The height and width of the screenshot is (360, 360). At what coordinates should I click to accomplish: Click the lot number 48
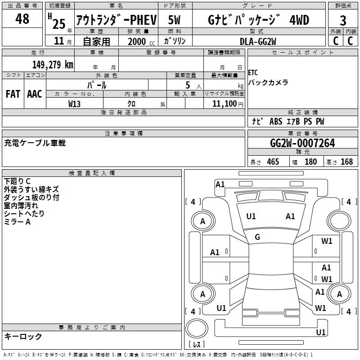click(22, 19)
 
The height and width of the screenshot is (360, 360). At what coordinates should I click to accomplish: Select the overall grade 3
click(343, 20)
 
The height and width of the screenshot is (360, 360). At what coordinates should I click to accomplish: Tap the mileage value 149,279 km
click(52, 65)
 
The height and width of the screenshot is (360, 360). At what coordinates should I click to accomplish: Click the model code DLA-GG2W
click(258, 41)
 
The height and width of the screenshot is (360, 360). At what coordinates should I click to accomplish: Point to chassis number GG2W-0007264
click(302, 144)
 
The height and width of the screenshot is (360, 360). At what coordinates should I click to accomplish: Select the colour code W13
click(75, 103)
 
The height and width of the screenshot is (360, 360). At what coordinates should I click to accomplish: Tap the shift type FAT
click(13, 94)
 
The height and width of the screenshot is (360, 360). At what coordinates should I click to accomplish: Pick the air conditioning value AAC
click(34, 94)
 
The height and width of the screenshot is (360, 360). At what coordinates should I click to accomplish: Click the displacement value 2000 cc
click(137, 41)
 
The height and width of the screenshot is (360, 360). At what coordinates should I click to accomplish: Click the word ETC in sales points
click(253, 73)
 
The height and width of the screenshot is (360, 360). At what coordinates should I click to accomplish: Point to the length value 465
click(273, 162)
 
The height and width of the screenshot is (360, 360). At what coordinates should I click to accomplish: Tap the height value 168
click(346, 162)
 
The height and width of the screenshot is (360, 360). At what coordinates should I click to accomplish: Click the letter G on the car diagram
click(257, 237)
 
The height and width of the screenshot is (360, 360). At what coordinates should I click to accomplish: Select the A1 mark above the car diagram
click(220, 184)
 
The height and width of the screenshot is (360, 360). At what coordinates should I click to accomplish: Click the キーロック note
click(23, 337)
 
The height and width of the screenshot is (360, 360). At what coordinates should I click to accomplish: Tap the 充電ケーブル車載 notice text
click(35, 143)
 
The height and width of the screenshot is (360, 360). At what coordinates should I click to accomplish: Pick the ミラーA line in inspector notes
click(17, 222)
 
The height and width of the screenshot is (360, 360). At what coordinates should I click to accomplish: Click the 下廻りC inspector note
click(17, 181)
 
